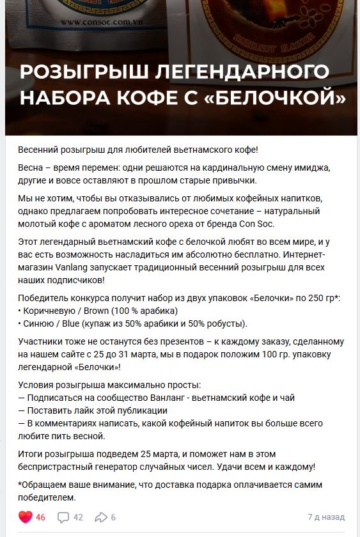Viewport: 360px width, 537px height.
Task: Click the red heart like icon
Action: coord(25,517)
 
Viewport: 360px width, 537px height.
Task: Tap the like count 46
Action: coord(40,517)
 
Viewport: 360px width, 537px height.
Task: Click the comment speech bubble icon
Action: coord(63,517)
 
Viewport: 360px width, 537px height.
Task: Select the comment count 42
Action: coord(78,517)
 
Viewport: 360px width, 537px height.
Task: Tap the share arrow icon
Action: coord(101,517)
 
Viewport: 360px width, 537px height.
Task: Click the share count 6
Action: coord(113,517)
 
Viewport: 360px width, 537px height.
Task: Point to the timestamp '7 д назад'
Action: coord(326,517)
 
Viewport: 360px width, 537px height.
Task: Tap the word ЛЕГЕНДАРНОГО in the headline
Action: coord(242,71)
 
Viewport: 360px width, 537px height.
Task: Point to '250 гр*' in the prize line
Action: coord(322,299)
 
